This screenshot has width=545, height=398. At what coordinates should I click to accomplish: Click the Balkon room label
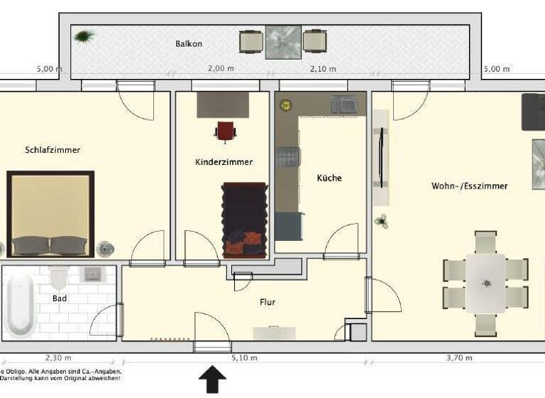(189, 43)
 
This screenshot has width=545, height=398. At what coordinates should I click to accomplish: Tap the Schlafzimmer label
(53, 150)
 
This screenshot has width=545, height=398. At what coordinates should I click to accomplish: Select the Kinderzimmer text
(224, 162)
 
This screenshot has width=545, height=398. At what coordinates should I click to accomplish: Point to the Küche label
(329, 178)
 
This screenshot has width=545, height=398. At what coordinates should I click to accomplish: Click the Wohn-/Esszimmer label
(469, 185)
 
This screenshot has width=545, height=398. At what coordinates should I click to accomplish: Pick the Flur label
(268, 302)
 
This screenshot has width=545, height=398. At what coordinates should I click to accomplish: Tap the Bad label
(60, 298)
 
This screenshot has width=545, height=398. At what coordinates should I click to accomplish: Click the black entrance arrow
(211, 380)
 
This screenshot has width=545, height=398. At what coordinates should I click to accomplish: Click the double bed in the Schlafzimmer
(50, 214)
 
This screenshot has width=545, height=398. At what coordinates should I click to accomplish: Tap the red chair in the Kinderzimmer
(225, 131)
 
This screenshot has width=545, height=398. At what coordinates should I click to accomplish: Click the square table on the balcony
(283, 42)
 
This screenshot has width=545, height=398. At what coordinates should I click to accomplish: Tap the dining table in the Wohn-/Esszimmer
(486, 283)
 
